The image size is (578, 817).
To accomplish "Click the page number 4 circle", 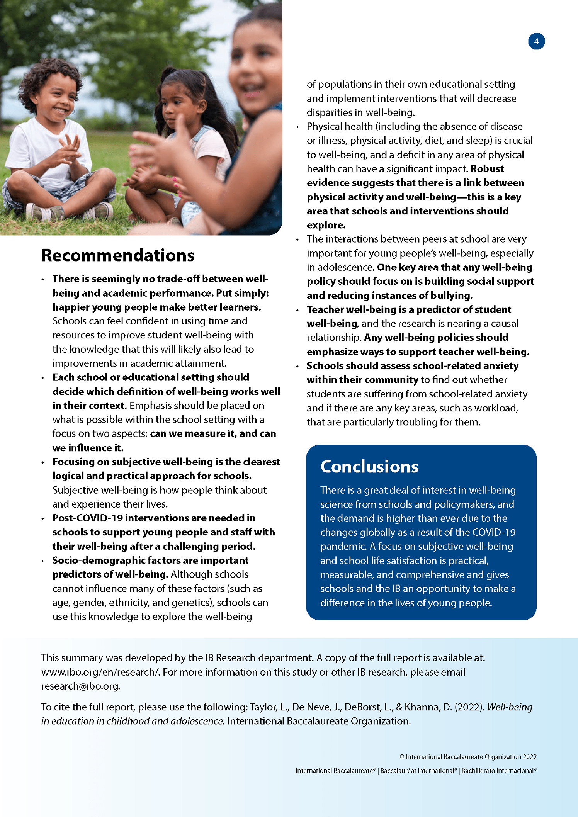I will click(x=536, y=41).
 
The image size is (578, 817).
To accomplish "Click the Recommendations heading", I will click(x=118, y=255).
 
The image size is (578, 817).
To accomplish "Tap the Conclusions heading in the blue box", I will click(x=369, y=467).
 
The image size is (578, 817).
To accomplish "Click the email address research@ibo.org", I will click(x=80, y=686).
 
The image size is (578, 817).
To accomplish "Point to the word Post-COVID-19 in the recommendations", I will click(x=88, y=518).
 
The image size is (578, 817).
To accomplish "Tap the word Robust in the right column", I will click(x=487, y=169).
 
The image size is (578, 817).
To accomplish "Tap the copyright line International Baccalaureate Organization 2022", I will click(x=468, y=757).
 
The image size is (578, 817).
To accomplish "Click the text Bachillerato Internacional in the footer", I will click(x=498, y=771).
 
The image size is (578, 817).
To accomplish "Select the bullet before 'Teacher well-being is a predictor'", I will click(x=297, y=310).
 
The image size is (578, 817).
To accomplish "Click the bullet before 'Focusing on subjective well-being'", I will click(x=43, y=462).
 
